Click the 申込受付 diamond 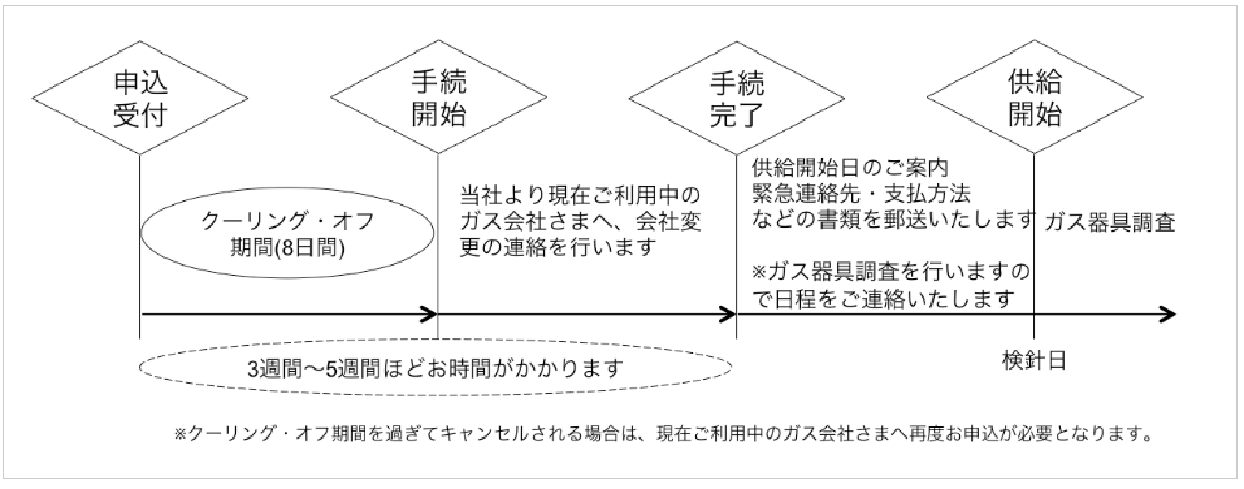click(140, 98)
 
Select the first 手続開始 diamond click(438, 98)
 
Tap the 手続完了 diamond click(736, 98)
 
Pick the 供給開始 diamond click(1035, 98)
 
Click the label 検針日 click(1034, 361)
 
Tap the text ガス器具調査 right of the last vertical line click(1110, 222)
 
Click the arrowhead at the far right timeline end click(1167, 314)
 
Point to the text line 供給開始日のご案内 click(850, 168)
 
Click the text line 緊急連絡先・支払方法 click(861, 193)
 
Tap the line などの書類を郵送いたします click(893, 219)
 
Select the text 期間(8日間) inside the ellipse click(287, 248)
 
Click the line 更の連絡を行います click(558, 246)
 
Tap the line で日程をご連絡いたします click(883, 299)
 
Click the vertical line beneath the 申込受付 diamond click(140, 255)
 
